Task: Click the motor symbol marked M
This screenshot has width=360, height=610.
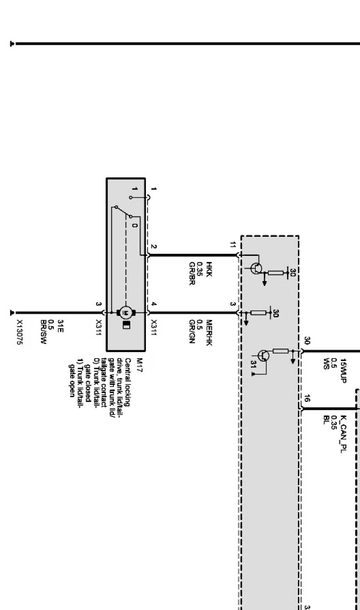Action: [125, 312]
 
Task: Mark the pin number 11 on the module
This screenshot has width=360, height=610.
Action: [233, 245]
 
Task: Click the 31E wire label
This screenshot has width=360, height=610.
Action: [60, 326]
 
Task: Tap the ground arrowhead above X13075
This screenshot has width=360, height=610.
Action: [12, 312]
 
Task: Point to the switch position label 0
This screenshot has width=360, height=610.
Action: [135, 225]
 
